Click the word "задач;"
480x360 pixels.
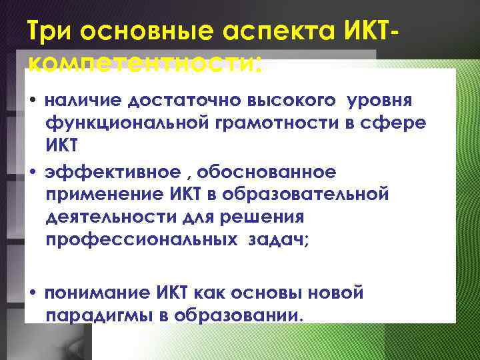(x=280, y=239)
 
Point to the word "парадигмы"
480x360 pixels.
(x=99, y=314)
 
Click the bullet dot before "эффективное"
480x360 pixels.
(x=33, y=173)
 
